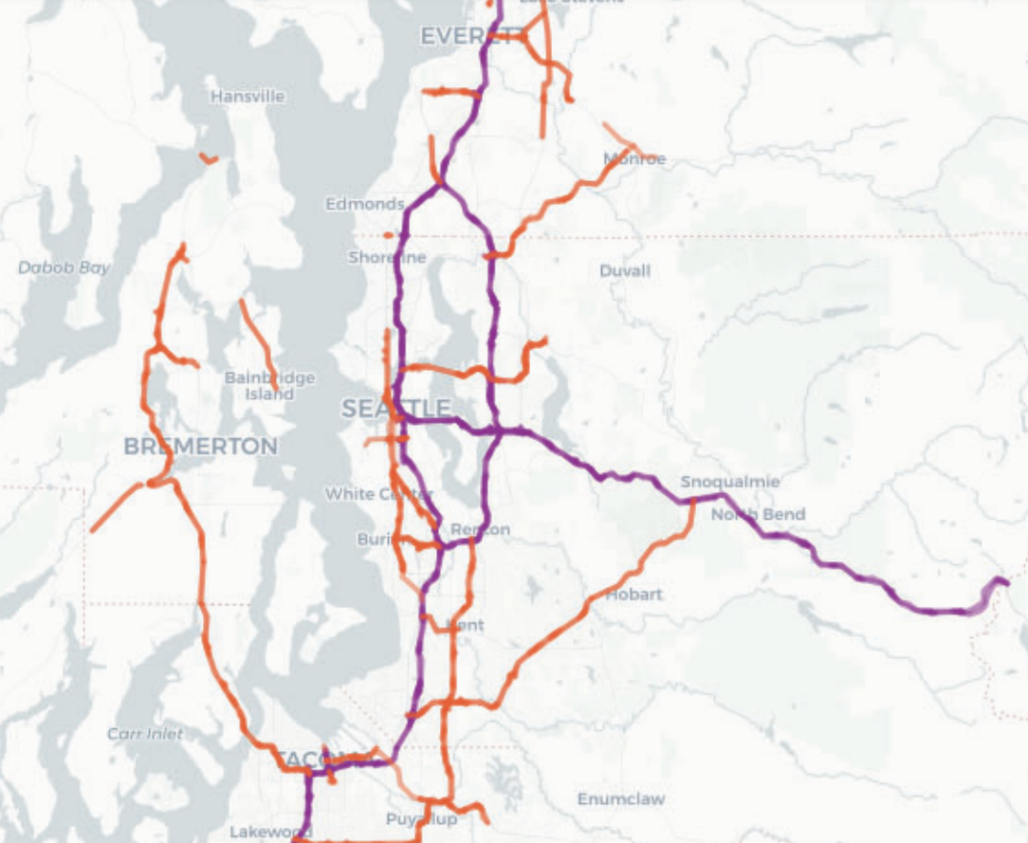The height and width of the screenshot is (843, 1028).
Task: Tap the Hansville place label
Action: click(248, 97)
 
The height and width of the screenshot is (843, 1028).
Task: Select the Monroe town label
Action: click(634, 159)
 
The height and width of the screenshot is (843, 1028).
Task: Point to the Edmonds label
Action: click(365, 204)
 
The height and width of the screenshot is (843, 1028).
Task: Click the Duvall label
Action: click(625, 271)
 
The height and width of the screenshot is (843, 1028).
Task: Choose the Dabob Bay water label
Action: click(64, 268)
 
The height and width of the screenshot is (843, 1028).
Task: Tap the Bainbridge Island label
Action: click(269, 386)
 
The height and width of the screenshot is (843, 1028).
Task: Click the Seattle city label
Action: click(396, 410)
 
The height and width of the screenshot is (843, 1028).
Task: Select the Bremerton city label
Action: click(201, 447)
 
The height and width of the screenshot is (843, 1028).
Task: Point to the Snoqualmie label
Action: click(729, 482)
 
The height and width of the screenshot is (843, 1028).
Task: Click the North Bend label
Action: click(758, 515)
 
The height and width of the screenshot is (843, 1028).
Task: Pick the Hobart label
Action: click(634, 595)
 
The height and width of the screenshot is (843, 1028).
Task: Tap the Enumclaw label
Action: click(621, 799)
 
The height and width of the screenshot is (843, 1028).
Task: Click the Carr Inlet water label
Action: click(145, 734)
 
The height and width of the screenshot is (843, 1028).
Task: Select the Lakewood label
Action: click(270, 833)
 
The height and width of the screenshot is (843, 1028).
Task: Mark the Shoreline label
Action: click(387, 258)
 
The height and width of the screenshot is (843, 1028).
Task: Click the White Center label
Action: click(378, 494)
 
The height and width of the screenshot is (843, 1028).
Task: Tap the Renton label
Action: click(480, 529)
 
